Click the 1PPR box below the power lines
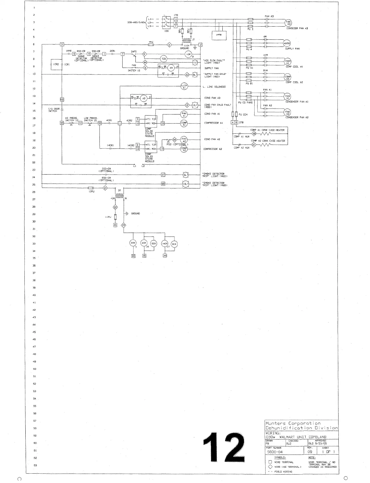tap(219, 35)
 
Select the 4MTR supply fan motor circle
tap(287, 43)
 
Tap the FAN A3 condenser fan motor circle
tap(288, 23)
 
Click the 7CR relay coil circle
tap(163, 59)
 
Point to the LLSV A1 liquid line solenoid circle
tap(184, 87)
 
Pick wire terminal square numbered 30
tap(62, 123)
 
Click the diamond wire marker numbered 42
tap(187, 75)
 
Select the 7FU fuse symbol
tap(151, 45)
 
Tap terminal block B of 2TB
tap(236, 122)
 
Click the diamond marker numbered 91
tap(254, 145)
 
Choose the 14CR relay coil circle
tap(165, 244)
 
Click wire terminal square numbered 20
tap(115, 225)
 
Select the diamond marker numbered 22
tap(115, 208)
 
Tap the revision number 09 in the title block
tap(310, 452)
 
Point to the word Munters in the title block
tap(276, 423)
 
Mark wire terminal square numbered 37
tap(163, 175)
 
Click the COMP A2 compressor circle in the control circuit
tap(184, 149)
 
